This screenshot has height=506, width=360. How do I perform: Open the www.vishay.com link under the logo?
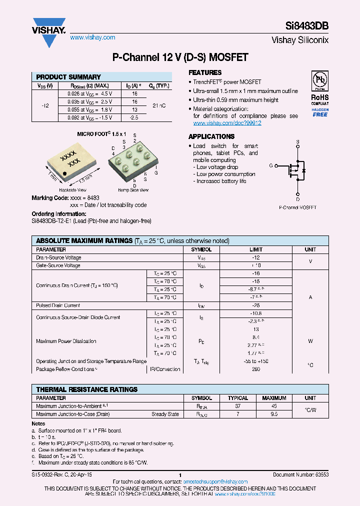point(92,37)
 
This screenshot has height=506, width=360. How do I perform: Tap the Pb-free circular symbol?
point(319,81)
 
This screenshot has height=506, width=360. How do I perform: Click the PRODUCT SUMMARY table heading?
point(68,77)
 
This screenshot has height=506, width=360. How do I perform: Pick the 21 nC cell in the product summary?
point(159,105)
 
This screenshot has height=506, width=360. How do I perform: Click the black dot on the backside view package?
point(65,174)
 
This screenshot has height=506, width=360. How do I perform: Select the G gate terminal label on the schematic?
point(271,165)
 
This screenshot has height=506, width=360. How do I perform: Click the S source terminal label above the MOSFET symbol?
point(298,142)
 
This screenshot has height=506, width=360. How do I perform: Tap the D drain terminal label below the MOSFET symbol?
point(298,199)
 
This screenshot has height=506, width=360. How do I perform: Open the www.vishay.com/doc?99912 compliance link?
point(227,123)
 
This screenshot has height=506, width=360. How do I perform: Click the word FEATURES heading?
point(205,72)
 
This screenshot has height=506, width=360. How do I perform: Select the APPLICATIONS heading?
point(211,136)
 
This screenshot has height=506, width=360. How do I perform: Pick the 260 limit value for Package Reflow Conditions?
point(256,369)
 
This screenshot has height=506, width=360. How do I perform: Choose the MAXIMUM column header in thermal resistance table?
point(274,398)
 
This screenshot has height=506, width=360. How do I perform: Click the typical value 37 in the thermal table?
point(238,406)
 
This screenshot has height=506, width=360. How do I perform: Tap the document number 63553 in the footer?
point(321,474)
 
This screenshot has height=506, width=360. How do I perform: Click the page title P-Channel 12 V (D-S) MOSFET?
point(180,58)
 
